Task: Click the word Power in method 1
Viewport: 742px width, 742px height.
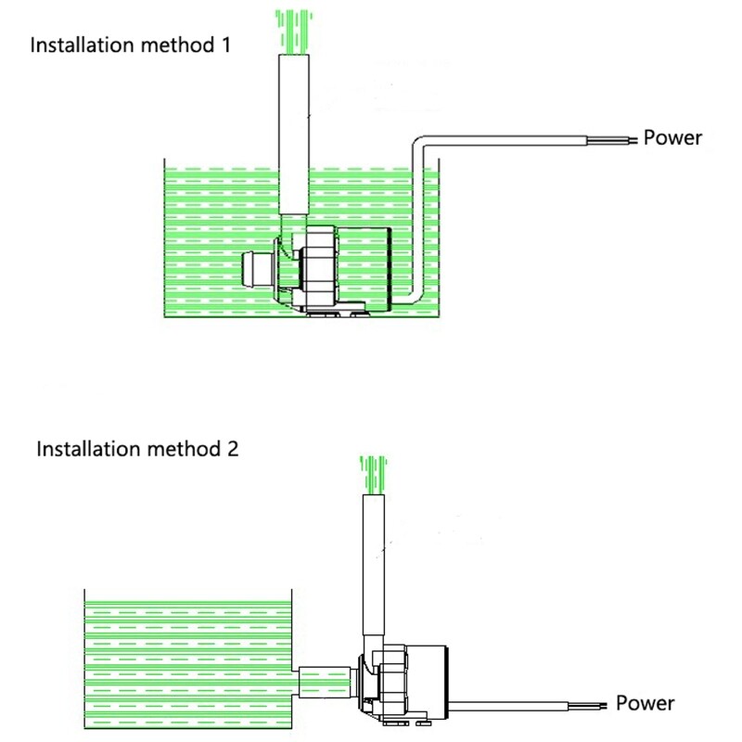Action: click(x=673, y=138)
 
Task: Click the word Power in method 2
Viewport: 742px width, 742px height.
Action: click(x=646, y=702)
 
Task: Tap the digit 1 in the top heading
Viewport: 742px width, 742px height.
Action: click(x=225, y=45)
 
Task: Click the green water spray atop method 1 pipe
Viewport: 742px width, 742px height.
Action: click(x=295, y=28)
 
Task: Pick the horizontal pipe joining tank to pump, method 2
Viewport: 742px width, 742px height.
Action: click(x=325, y=682)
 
